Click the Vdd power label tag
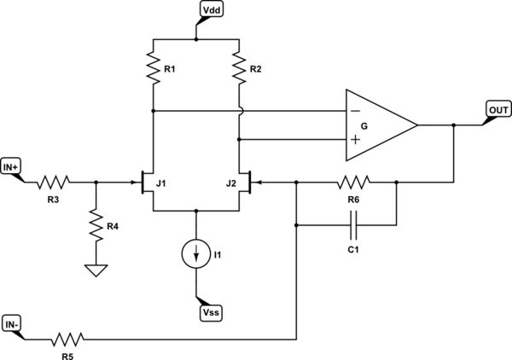[210, 10]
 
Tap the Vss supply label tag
[210, 313]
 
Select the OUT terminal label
[497, 109]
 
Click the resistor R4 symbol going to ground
[96, 225]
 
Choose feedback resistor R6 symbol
[352, 182]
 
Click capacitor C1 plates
[352, 225]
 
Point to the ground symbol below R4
[96, 270]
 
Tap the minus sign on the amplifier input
[354, 111]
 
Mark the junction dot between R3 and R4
[96, 182]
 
